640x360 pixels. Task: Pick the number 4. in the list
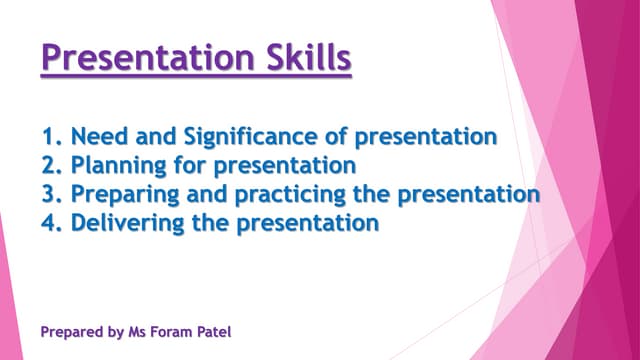(54, 222)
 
